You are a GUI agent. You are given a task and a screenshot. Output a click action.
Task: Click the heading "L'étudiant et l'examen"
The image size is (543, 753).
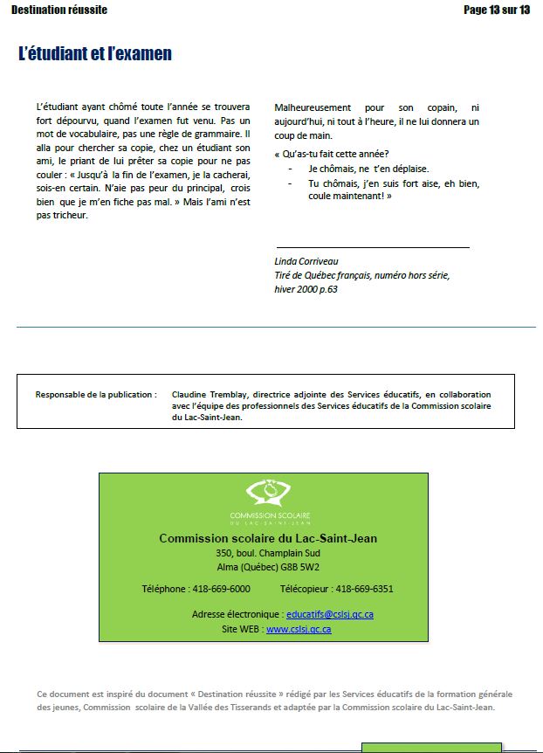click(94, 54)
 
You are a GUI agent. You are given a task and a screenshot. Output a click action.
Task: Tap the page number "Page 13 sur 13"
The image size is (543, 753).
click(497, 10)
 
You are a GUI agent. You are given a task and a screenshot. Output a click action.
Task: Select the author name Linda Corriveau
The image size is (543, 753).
click(306, 261)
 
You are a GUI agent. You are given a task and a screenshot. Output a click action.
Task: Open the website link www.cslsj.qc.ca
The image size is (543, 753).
click(299, 629)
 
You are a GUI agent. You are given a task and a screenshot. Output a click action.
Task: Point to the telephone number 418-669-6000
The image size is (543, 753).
click(220, 589)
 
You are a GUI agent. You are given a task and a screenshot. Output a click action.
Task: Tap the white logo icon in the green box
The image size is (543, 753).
click(264, 494)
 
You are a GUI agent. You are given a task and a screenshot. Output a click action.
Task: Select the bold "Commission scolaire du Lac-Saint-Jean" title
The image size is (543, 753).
click(268, 539)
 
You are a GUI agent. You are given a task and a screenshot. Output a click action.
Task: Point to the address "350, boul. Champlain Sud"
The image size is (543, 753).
click(268, 553)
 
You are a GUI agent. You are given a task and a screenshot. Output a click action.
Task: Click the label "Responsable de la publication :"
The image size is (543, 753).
click(96, 395)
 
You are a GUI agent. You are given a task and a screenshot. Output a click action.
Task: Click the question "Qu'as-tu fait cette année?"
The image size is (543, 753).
click(331, 153)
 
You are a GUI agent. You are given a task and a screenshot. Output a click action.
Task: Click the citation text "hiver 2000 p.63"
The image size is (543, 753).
click(306, 289)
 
